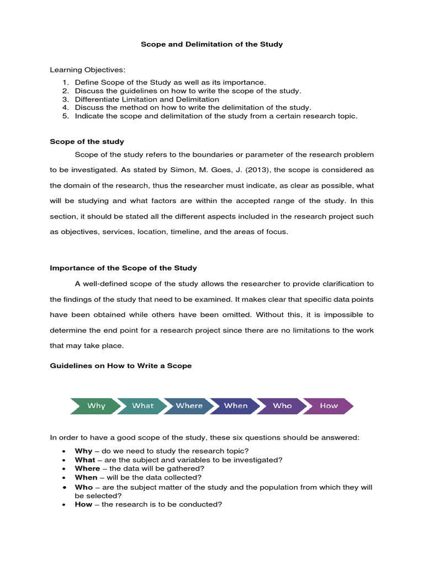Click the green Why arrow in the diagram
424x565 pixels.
pyautogui.click(x=96, y=406)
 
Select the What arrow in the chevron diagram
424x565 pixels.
pyautogui.click(x=142, y=406)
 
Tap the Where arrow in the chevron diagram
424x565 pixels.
pyautogui.click(x=189, y=406)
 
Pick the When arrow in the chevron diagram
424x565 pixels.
pyautogui.click(x=236, y=406)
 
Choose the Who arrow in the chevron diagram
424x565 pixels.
pyautogui.click(x=282, y=406)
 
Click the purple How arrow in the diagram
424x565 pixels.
pyautogui.click(x=328, y=406)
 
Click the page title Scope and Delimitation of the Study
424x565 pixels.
pyautogui.click(x=212, y=44)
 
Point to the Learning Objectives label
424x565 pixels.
pyautogui.click(x=88, y=70)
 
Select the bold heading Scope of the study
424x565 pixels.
pyautogui.click(x=87, y=142)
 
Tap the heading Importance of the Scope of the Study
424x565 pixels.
pyautogui.click(x=123, y=268)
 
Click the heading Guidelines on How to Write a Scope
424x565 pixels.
pyautogui.click(x=121, y=366)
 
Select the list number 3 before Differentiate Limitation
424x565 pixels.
pyautogui.click(x=65, y=99)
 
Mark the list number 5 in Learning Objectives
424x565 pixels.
pyautogui.click(x=65, y=116)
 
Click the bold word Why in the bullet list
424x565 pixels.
pyautogui.click(x=83, y=451)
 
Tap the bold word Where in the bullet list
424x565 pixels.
pyautogui.click(x=87, y=468)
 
